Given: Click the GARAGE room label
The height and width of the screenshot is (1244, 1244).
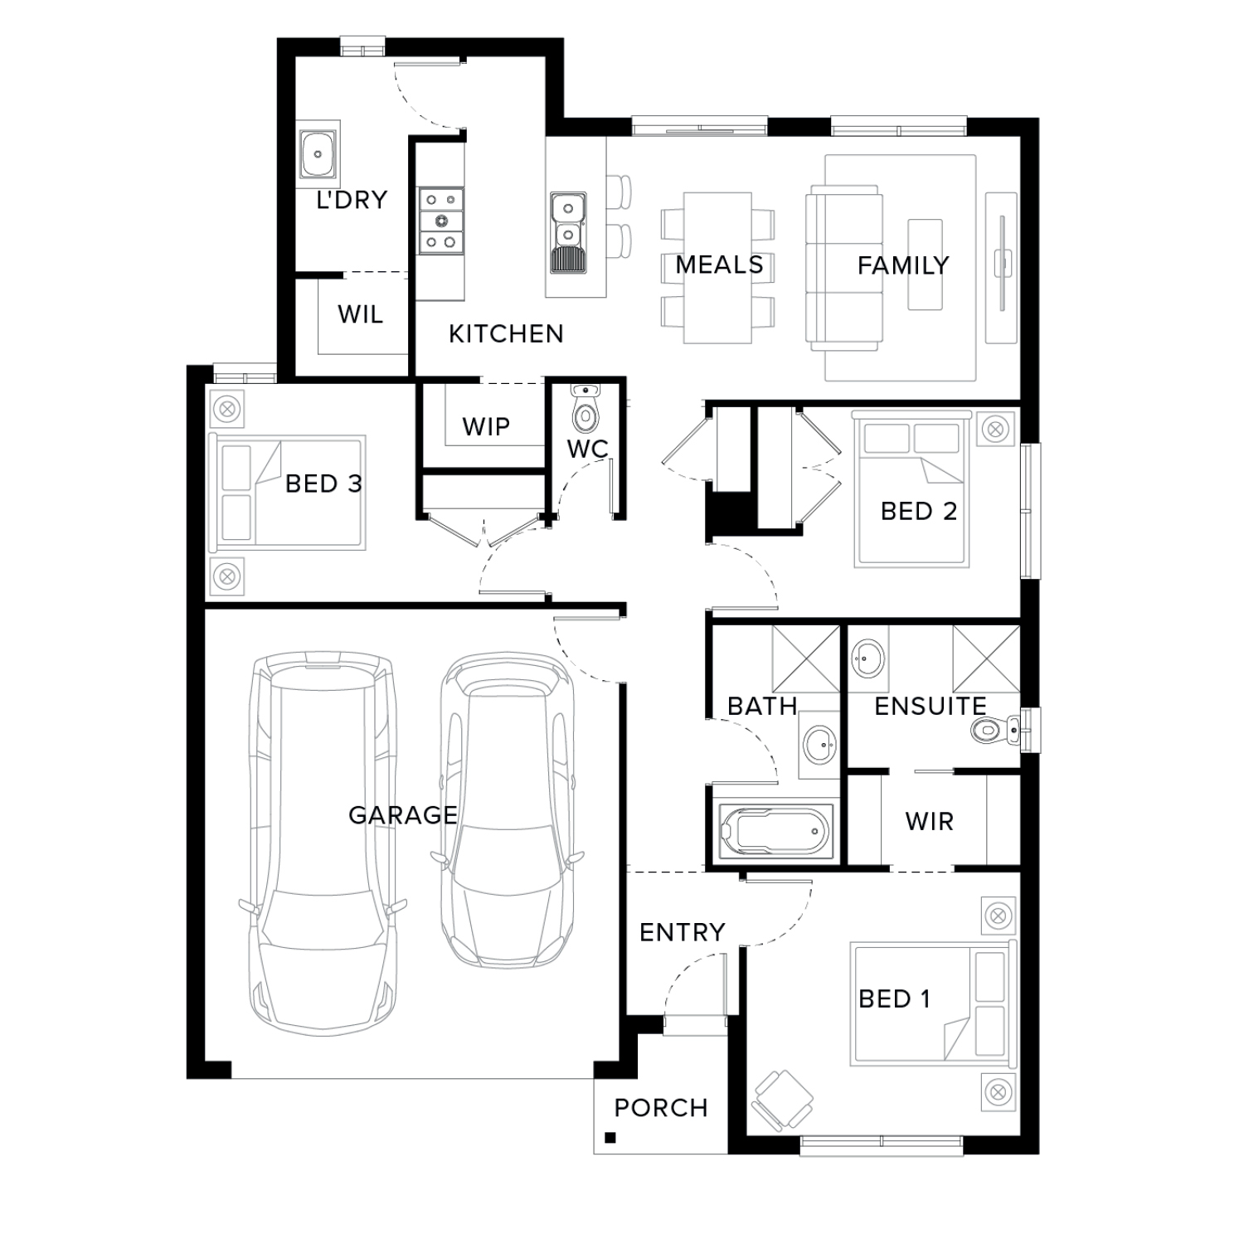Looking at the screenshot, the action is click(402, 815).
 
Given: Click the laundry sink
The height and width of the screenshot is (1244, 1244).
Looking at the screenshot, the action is click(318, 153).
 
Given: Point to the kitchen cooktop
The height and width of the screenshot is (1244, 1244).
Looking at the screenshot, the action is click(440, 221).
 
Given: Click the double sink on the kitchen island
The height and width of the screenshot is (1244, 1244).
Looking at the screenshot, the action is click(568, 233).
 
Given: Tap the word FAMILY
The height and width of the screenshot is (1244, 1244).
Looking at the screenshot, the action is click(903, 265).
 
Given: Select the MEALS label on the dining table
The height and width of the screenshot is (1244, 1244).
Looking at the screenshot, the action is click(719, 265).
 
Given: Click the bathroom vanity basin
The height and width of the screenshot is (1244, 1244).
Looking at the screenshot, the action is click(819, 741).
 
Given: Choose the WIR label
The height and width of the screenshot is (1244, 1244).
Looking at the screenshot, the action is click(930, 822).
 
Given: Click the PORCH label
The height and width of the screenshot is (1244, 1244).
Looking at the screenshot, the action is click(661, 1108).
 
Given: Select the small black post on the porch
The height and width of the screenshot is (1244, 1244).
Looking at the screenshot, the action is click(610, 1138).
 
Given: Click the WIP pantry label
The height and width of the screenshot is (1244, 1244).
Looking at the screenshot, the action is click(486, 426).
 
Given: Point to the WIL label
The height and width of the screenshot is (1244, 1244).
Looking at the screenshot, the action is click(360, 314).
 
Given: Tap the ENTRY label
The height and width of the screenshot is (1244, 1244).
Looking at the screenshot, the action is click(683, 932).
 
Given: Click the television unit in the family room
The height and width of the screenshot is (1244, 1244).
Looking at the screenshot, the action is click(1001, 267).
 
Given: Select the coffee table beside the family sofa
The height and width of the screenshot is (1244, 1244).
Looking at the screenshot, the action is click(925, 265).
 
